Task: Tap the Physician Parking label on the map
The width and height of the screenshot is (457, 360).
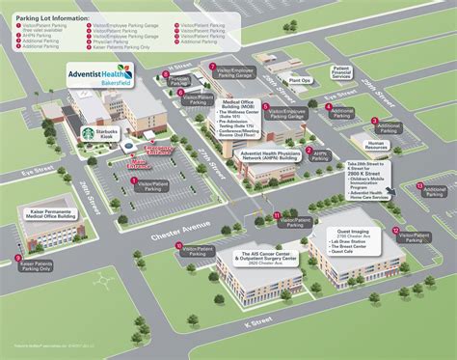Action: click(x=175, y=83)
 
